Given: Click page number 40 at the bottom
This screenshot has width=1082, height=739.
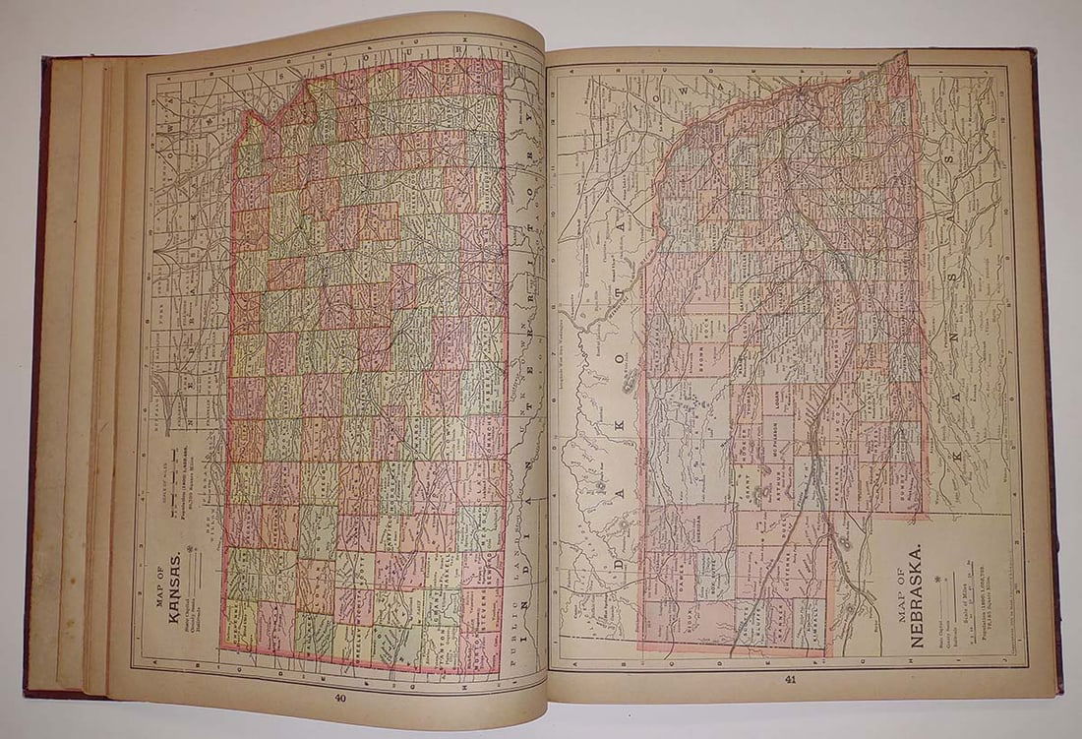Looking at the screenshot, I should [340, 699].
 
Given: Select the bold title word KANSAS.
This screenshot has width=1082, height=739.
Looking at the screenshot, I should [174, 580].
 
